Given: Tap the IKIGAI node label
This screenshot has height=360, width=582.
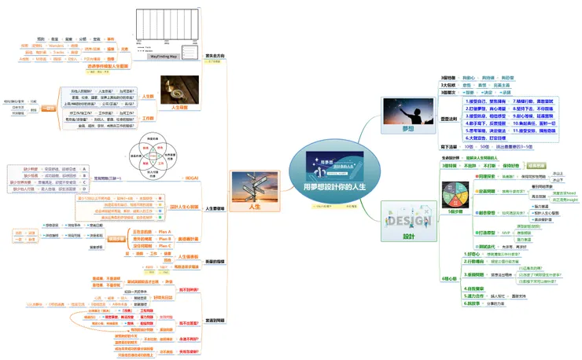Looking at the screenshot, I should [191, 178].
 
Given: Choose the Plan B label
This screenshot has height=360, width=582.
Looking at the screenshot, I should [165, 238].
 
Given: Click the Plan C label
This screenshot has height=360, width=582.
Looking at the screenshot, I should [165, 245].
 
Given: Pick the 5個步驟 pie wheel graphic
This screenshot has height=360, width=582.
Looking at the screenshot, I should [457, 197].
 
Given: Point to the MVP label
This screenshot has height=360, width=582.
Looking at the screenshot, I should [506, 233].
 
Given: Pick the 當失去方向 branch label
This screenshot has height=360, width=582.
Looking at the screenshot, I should [215, 56].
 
